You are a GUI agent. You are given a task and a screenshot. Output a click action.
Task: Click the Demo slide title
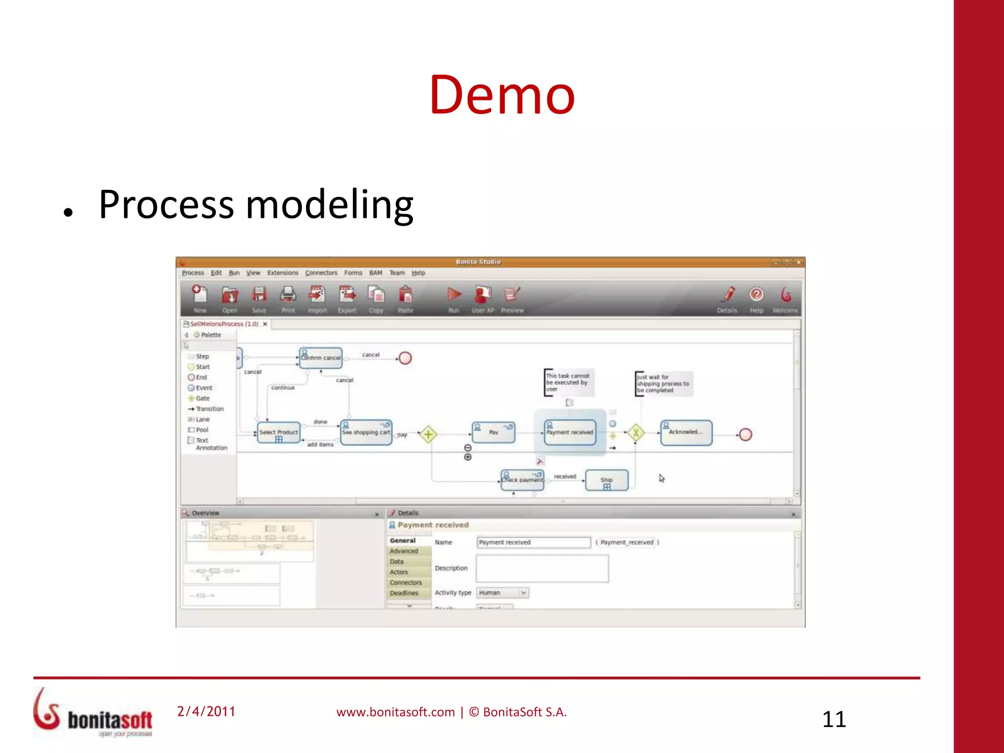pyautogui.click(x=502, y=95)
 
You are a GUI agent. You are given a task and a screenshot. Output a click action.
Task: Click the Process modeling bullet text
pyautogui.click(x=256, y=205)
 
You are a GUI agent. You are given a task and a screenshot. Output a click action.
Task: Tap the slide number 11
pyautogui.click(x=834, y=719)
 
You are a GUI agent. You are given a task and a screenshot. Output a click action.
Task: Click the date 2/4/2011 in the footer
pyautogui.click(x=206, y=711)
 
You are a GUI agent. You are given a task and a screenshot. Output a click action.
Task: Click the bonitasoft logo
pyautogui.click(x=93, y=714)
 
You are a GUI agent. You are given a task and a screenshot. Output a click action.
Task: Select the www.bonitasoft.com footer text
pyautogui.click(x=395, y=712)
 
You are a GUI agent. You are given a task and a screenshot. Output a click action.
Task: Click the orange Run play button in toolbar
pyautogui.click(x=454, y=295)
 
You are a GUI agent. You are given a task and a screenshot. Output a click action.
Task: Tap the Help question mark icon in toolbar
pyautogui.click(x=756, y=295)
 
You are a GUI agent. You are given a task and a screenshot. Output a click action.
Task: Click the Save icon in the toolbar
pyautogui.click(x=259, y=295)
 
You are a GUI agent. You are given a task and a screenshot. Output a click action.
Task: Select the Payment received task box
pyautogui.click(x=570, y=432)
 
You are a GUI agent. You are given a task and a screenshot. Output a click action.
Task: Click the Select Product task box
pyautogui.click(x=278, y=432)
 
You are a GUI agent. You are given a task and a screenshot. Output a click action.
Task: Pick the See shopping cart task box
pyautogui.click(x=366, y=432)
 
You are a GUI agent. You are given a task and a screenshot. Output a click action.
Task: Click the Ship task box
pyautogui.click(x=607, y=480)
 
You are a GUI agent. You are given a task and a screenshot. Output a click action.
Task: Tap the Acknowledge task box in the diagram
pyautogui.click(x=686, y=432)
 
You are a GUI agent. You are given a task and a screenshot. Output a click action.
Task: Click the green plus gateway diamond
pyautogui.click(x=428, y=434)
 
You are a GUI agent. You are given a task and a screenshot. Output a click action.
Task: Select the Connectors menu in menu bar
pyautogui.click(x=321, y=273)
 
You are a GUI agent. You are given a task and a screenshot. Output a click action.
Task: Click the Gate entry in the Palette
pyautogui.click(x=202, y=399)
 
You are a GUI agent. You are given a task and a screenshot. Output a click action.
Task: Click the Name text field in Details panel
pyautogui.click(x=533, y=542)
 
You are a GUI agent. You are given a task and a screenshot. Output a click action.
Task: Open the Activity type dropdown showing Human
pyautogui.click(x=502, y=593)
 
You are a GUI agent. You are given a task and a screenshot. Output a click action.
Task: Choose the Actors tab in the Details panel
pyautogui.click(x=399, y=572)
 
